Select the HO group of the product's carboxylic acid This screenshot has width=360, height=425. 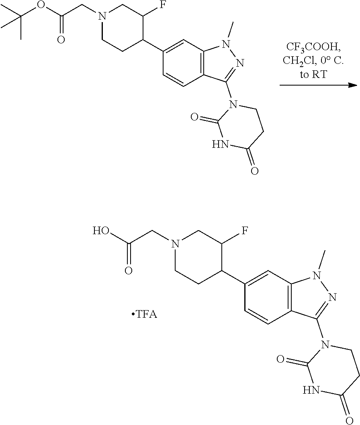pos(102,231)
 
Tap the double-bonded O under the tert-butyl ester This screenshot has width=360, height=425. pos(61,39)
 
